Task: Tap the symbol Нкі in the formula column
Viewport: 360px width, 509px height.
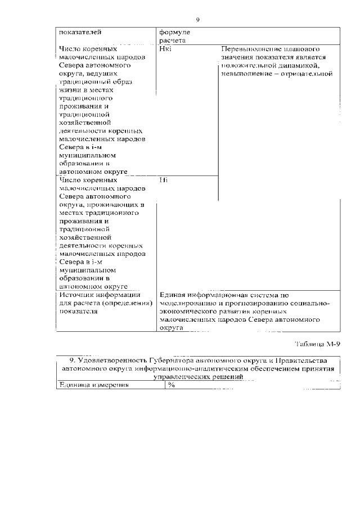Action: click(166, 49)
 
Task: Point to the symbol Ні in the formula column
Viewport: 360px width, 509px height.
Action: click(164, 180)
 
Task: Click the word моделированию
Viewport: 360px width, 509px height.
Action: click(186, 303)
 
